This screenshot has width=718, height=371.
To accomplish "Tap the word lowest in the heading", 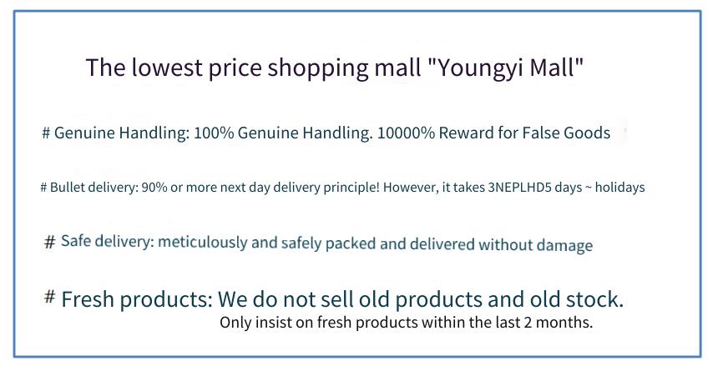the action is pos(167,68).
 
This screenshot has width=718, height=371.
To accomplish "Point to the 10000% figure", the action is pos(406,133).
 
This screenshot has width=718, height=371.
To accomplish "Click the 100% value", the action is pos(214,133).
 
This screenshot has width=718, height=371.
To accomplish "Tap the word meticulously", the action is pos(202,242).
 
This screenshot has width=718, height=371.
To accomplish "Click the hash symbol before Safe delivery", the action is pos(49,241).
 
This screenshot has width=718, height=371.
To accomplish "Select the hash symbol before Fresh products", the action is pos(49,297).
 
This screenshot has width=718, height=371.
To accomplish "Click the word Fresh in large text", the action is pos(88,299).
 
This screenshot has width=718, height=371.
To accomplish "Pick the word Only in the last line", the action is pos(235,322).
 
